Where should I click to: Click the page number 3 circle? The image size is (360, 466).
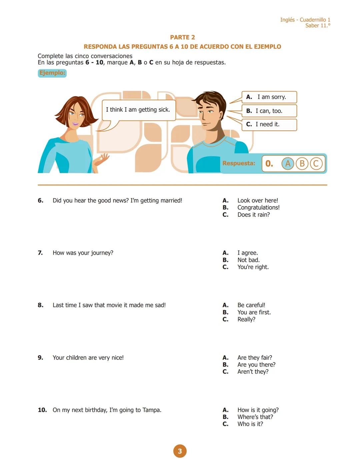click(x=180, y=451)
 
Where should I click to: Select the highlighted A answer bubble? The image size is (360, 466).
click(x=288, y=163)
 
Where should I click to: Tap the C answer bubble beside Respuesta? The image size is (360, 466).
click(x=316, y=163)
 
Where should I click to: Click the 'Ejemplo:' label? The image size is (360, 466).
click(x=52, y=73)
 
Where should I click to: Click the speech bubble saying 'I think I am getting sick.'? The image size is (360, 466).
click(x=138, y=110)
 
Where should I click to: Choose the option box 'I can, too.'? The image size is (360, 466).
click(x=269, y=111)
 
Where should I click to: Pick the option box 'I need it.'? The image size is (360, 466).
click(x=269, y=124)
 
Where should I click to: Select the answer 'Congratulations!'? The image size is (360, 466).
click(x=258, y=207)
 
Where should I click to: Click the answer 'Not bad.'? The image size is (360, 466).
click(x=248, y=260)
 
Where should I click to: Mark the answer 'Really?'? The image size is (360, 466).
click(x=246, y=319)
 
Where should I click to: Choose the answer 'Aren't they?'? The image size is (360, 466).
click(x=253, y=372)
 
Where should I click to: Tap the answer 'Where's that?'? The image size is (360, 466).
click(x=255, y=417)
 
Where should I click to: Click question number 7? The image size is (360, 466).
click(x=40, y=253)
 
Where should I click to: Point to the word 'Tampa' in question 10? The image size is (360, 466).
click(x=152, y=410)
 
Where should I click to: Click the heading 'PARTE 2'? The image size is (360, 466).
click(x=182, y=37)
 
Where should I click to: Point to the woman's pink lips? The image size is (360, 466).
click(x=76, y=124)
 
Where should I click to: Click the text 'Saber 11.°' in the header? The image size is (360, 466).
click(x=318, y=26)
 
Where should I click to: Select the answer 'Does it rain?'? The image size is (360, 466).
click(x=253, y=215)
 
